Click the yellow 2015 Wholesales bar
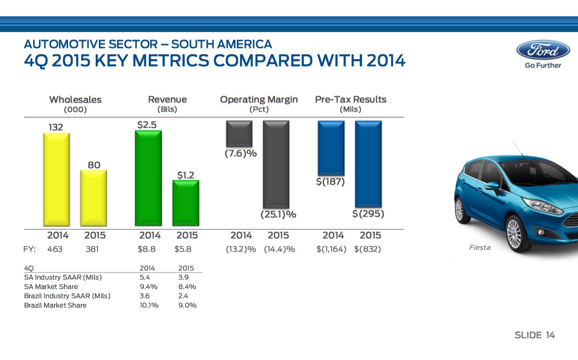point(93,198)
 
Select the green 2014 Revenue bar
point(148,178)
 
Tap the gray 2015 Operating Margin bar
point(276,164)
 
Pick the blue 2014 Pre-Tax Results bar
point(331,148)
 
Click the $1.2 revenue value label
point(186,175)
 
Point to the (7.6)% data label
point(240,153)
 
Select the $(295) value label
point(368,214)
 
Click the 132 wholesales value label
point(56,127)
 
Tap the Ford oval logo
point(543,50)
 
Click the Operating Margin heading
point(259,99)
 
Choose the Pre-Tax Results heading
point(351,99)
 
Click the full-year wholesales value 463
point(55,249)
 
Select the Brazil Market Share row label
point(55,305)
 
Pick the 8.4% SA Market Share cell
point(187,287)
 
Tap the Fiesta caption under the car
point(480,248)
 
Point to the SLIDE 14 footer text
point(534,335)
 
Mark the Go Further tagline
point(543,65)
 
